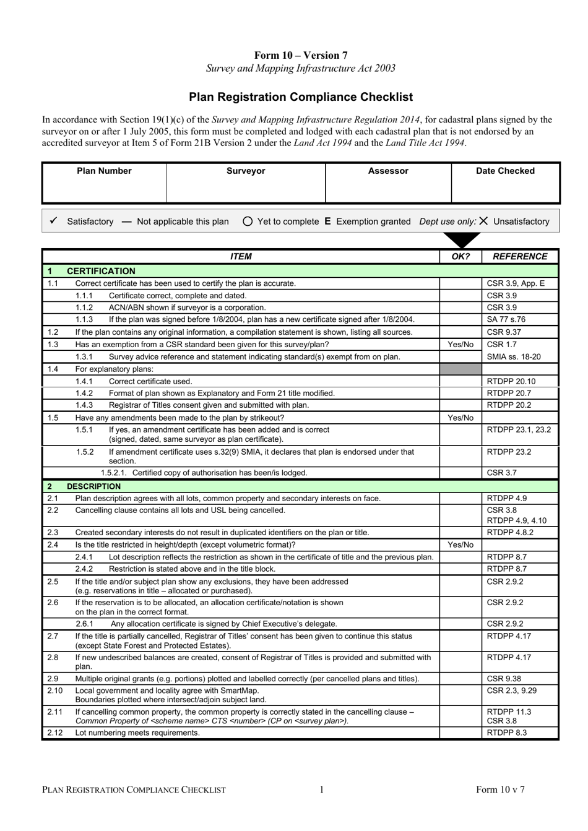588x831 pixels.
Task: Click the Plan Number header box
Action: (x=104, y=171)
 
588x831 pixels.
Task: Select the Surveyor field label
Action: (x=246, y=171)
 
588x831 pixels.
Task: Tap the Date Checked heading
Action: (x=505, y=171)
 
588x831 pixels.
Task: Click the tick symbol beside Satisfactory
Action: (x=53, y=221)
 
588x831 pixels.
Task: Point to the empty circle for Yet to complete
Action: (x=248, y=222)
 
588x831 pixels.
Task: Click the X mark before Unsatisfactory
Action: (x=483, y=221)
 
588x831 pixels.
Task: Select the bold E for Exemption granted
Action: (x=327, y=222)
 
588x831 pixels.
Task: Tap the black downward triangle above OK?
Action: (x=461, y=240)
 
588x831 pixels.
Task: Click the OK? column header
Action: (x=461, y=257)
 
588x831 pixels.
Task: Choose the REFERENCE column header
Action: (x=520, y=257)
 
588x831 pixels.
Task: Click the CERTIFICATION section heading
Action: (x=101, y=271)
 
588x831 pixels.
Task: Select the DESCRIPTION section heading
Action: (x=93, y=486)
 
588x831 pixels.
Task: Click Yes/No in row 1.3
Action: (x=460, y=345)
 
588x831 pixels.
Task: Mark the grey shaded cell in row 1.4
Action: (x=460, y=369)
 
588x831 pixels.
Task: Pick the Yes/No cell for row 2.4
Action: (x=460, y=545)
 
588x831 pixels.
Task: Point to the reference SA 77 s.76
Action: (x=506, y=320)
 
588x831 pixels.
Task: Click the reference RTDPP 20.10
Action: (x=511, y=381)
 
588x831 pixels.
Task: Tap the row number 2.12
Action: (x=54, y=733)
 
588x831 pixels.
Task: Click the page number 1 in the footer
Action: (x=322, y=790)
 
